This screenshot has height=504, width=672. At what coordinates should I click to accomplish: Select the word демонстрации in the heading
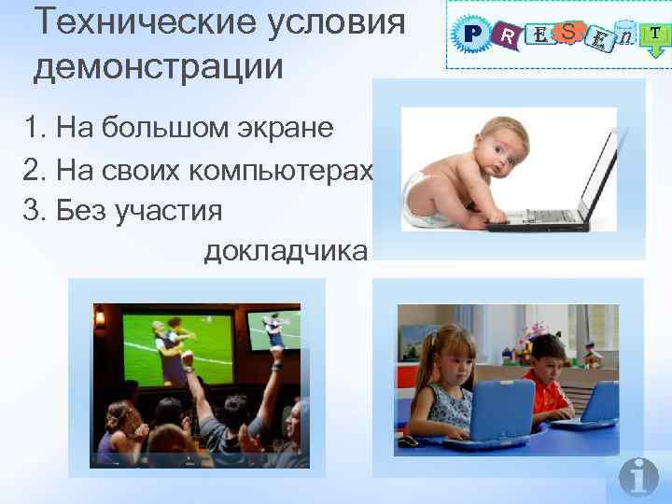[159, 67]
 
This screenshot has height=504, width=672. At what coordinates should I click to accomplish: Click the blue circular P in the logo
[472, 35]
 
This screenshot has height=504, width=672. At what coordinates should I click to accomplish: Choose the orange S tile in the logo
[567, 32]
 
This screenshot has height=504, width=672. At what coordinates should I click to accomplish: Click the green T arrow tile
[656, 34]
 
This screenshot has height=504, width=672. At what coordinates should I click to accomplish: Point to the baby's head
[500, 150]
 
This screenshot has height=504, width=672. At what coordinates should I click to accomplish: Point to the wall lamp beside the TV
[100, 319]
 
